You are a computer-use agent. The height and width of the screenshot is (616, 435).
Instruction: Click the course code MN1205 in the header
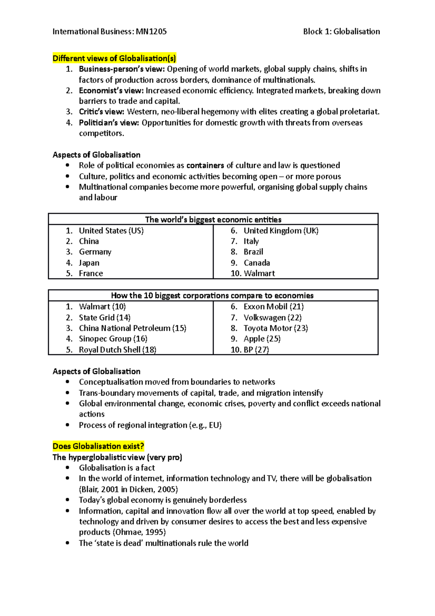tap(151, 32)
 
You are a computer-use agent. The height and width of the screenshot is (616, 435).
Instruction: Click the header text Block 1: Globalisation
tap(341, 32)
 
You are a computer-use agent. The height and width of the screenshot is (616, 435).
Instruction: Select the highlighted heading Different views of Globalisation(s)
tap(114, 58)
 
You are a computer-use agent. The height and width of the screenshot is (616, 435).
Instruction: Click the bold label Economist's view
tap(111, 90)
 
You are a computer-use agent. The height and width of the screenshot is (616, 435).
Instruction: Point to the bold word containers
tap(205, 165)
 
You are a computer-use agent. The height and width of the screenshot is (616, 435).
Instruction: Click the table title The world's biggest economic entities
tap(213, 219)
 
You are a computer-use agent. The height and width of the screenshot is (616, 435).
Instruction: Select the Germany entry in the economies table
tap(95, 252)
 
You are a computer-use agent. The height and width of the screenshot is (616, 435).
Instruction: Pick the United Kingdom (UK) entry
tap(281, 231)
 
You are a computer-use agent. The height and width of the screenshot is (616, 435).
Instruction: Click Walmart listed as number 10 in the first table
tap(259, 273)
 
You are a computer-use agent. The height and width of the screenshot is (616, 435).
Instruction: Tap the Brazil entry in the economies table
tap(253, 252)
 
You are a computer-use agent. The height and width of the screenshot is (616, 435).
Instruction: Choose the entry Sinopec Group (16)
tap(113, 339)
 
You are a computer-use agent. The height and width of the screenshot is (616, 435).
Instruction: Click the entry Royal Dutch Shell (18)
tap(117, 350)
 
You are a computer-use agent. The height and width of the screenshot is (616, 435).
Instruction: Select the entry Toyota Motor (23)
tap(275, 328)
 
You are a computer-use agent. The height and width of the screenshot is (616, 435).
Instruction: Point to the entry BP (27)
tap(256, 350)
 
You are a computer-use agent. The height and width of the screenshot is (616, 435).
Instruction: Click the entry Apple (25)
tap(262, 339)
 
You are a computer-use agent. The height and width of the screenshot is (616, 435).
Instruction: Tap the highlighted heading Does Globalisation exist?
tap(98, 446)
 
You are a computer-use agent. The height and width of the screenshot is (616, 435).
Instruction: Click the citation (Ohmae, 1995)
tap(140, 532)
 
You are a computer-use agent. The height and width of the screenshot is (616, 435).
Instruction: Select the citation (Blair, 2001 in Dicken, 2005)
tap(128, 489)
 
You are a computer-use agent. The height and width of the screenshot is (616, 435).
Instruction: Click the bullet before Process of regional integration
tap(67, 425)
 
